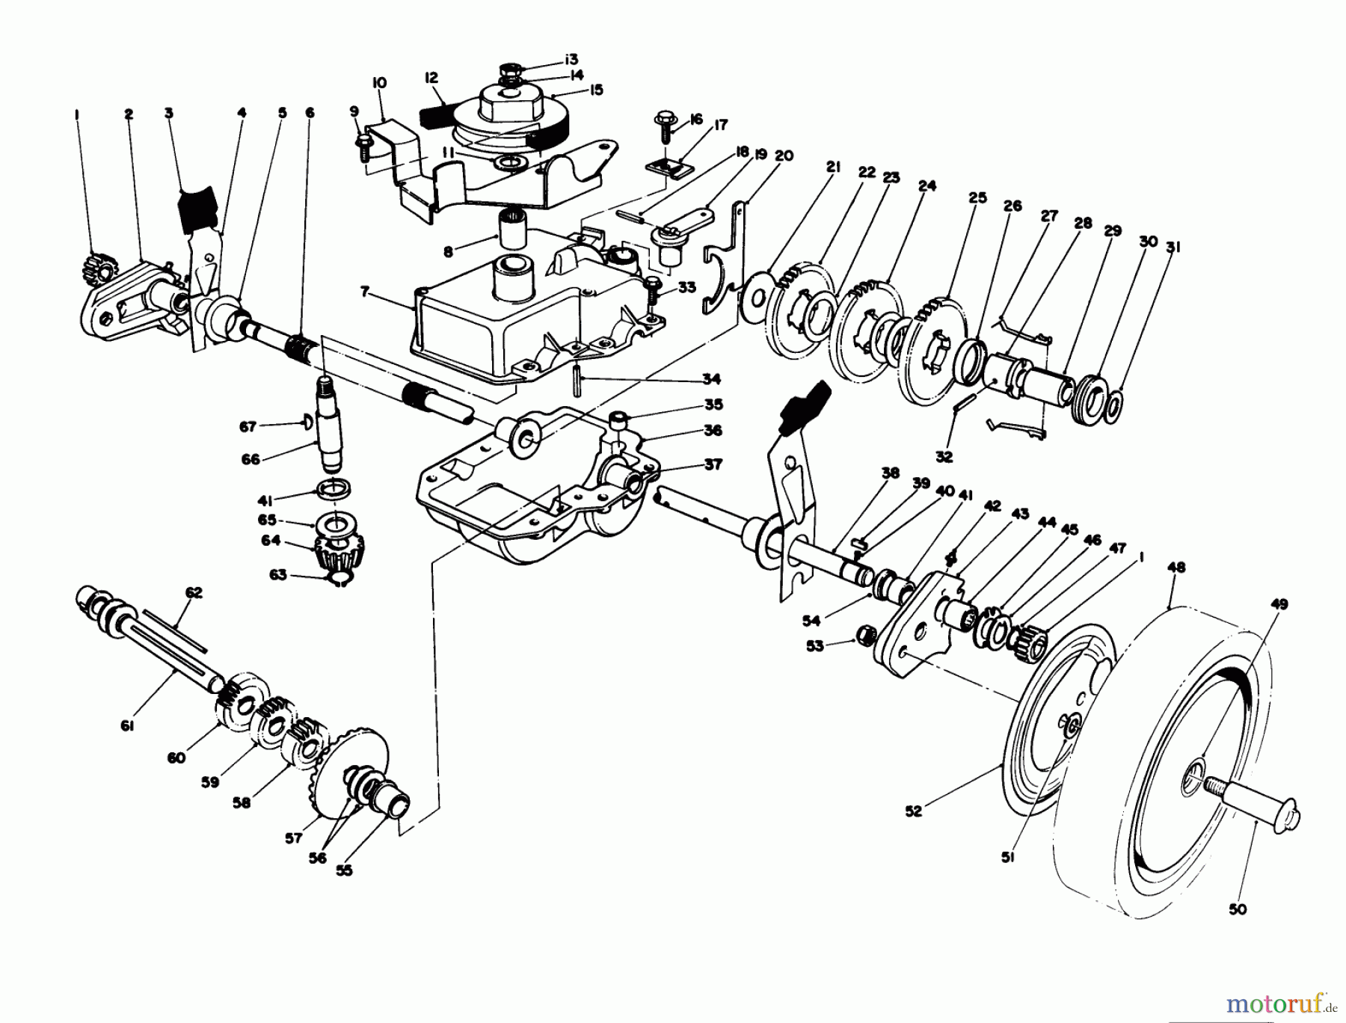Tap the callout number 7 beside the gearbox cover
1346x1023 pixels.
point(365,292)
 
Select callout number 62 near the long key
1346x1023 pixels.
point(194,593)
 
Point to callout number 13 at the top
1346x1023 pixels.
point(571,59)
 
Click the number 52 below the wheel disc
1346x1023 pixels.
point(914,811)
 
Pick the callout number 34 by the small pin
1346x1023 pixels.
point(710,378)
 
